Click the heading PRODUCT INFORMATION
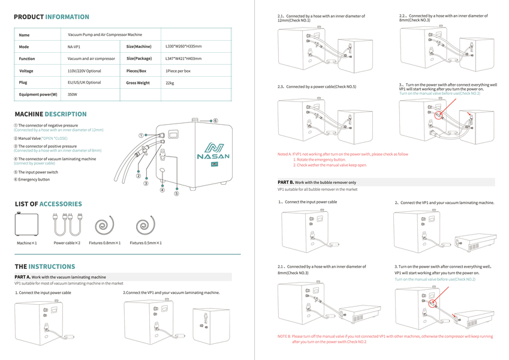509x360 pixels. coord(52,17)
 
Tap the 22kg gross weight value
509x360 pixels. coord(170,83)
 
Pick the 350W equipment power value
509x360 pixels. coord(73,95)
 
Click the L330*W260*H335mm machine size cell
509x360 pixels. coord(183,46)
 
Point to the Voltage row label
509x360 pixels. coord(26,71)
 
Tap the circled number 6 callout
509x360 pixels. coord(215,121)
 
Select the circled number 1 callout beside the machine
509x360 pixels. coord(141,136)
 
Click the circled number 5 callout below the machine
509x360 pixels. coord(176,194)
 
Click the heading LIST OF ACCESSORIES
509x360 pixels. coord(48,204)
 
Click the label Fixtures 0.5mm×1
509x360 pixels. coord(146,243)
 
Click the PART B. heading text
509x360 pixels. coord(317,182)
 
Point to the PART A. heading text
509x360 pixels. coord(60,277)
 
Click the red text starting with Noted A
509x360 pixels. coord(343,154)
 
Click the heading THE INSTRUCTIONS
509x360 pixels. coord(45,266)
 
